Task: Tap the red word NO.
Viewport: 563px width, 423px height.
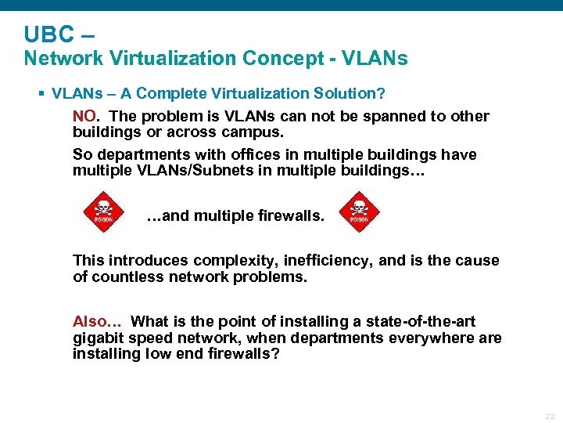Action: (x=84, y=117)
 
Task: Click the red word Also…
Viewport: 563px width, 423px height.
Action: (x=98, y=322)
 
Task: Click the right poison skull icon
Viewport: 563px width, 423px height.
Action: (x=359, y=211)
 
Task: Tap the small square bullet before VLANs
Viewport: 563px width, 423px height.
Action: (x=41, y=94)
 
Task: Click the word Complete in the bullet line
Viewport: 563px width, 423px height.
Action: (x=167, y=94)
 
